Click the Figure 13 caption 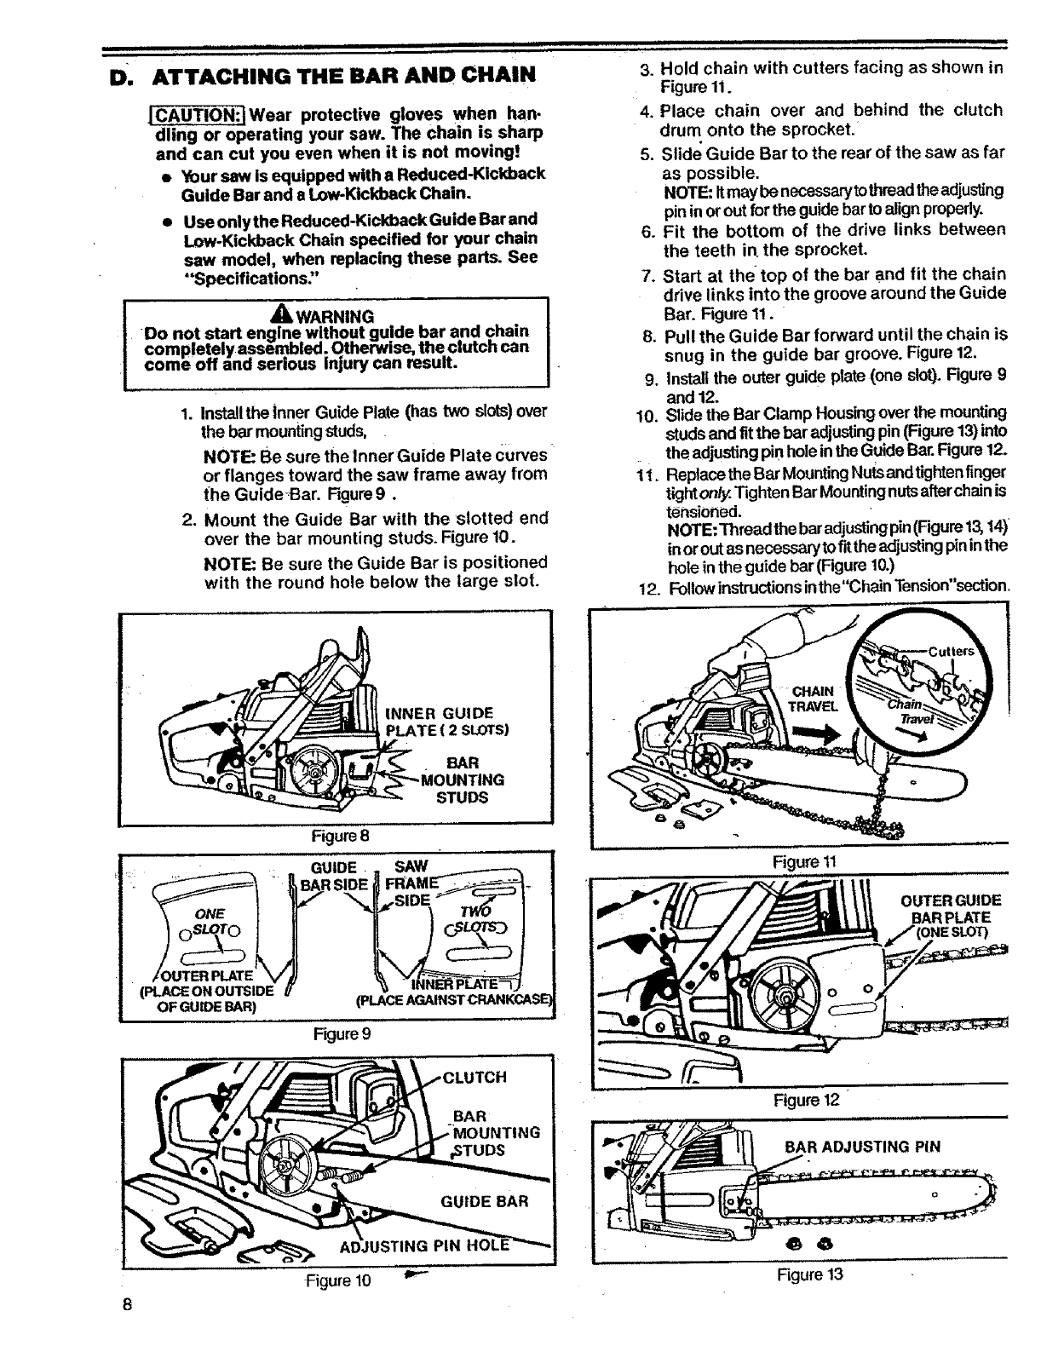[801, 1274]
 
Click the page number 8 [124, 1304]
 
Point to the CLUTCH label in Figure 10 [475, 1077]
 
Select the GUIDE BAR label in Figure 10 [485, 1201]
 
